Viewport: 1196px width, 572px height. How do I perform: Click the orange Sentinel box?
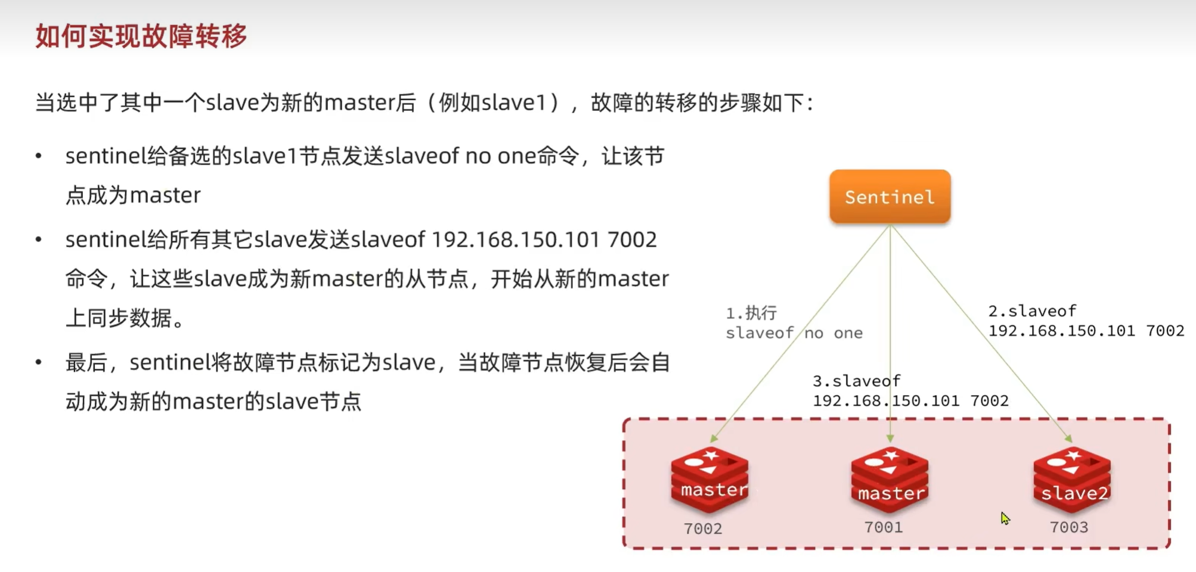(890, 197)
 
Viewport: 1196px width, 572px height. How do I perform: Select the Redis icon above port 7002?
(709, 480)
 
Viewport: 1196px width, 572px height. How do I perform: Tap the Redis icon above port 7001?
(890, 480)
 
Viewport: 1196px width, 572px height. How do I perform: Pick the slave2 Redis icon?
(1072, 480)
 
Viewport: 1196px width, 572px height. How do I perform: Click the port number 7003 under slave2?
(1069, 527)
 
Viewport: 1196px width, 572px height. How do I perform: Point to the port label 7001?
(884, 527)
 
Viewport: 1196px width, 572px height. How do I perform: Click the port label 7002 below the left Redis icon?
(703, 529)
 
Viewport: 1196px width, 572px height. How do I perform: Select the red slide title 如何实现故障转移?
(141, 36)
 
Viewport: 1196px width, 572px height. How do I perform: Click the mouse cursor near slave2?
(1005, 518)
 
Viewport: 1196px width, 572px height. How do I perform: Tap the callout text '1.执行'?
(751, 313)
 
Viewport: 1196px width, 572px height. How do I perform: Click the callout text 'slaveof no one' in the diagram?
(794, 333)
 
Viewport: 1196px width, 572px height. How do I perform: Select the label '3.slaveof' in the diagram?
(856, 381)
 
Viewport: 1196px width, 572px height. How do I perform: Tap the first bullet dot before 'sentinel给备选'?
(39, 157)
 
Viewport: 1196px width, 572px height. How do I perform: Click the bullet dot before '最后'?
(39, 362)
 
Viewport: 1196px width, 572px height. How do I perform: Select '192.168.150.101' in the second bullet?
(515, 240)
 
